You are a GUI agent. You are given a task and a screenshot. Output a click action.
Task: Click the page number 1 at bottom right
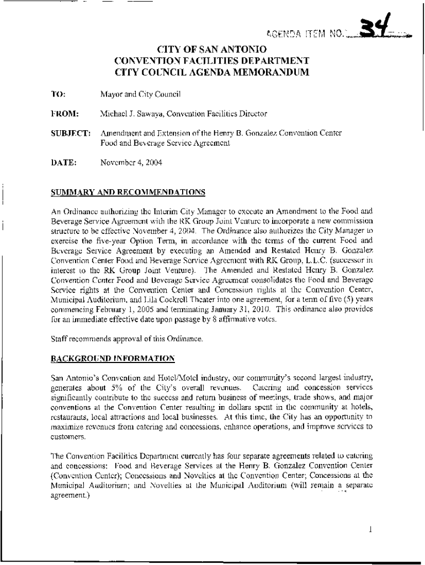(x=371, y=530)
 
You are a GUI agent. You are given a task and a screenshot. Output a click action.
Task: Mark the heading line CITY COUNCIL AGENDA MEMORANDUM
(x=212, y=72)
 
